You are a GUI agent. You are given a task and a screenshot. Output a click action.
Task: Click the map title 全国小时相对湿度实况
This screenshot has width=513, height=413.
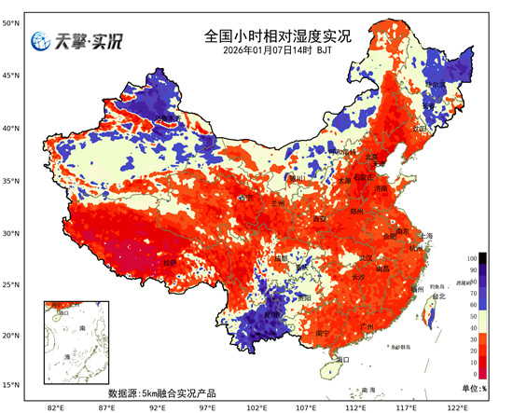tap(277, 36)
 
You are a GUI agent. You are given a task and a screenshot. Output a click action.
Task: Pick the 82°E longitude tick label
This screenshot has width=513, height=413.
tap(55, 406)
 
